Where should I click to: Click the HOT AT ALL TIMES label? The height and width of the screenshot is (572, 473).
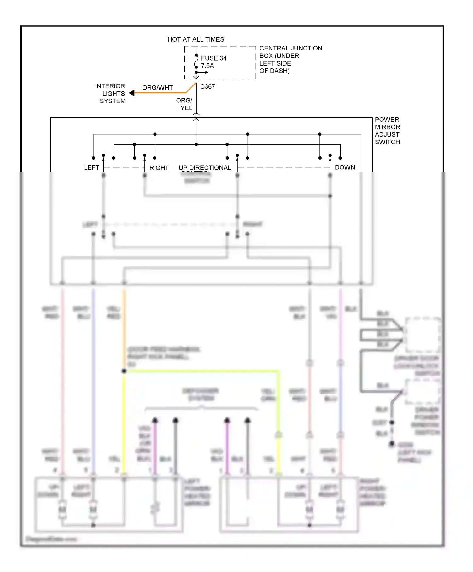pyautogui.click(x=196, y=39)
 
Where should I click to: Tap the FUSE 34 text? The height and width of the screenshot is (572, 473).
pyautogui.click(x=213, y=58)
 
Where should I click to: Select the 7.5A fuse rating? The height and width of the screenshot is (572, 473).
pyautogui.click(x=207, y=66)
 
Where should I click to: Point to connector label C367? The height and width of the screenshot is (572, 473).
pyautogui.click(x=207, y=87)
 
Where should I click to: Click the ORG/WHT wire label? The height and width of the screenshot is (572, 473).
pyautogui.click(x=157, y=88)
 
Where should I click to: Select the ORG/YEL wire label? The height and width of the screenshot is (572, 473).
pyautogui.click(x=184, y=104)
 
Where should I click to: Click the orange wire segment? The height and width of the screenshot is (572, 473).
pyautogui.click(x=161, y=93)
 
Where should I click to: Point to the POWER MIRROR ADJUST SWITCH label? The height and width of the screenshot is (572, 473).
pyautogui.click(x=387, y=131)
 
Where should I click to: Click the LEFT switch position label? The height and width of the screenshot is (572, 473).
pyautogui.click(x=91, y=167)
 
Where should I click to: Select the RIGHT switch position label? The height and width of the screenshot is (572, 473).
pyautogui.click(x=159, y=168)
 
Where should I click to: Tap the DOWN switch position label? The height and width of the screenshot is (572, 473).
pyautogui.click(x=345, y=167)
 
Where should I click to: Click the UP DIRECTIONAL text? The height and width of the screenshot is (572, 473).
pyautogui.click(x=205, y=168)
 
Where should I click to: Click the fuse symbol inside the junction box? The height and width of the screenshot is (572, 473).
pyautogui.click(x=196, y=61)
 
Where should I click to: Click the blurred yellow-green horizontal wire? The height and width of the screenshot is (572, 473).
pyautogui.click(x=202, y=371)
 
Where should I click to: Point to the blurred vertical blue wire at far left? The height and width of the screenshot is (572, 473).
pyautogui.click(x=93, y=378)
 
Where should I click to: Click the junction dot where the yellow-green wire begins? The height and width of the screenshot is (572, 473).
pyautogui.click(x=124, y=371)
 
